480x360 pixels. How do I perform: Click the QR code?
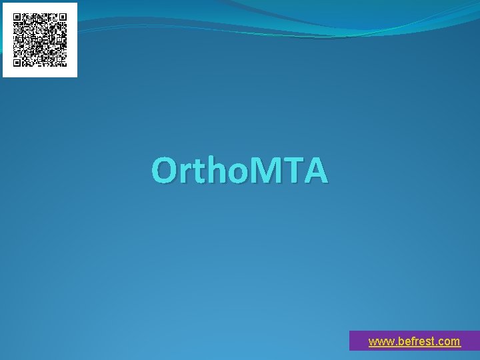click(x=40, y=40)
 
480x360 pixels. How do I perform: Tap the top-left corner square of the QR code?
click(x=18, y=18)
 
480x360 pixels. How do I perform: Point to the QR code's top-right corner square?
click(x=62, y=18)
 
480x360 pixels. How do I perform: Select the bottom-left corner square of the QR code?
click(x=18, y=62)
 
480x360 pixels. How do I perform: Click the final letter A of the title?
click(x=316, y=171)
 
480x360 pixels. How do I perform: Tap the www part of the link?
click(x=379, y=342)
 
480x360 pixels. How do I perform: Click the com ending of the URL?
click(x=449, y=342)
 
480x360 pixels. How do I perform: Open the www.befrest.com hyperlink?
click(x=414, y=341)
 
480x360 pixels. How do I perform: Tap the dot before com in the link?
click(x=436, y=345)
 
